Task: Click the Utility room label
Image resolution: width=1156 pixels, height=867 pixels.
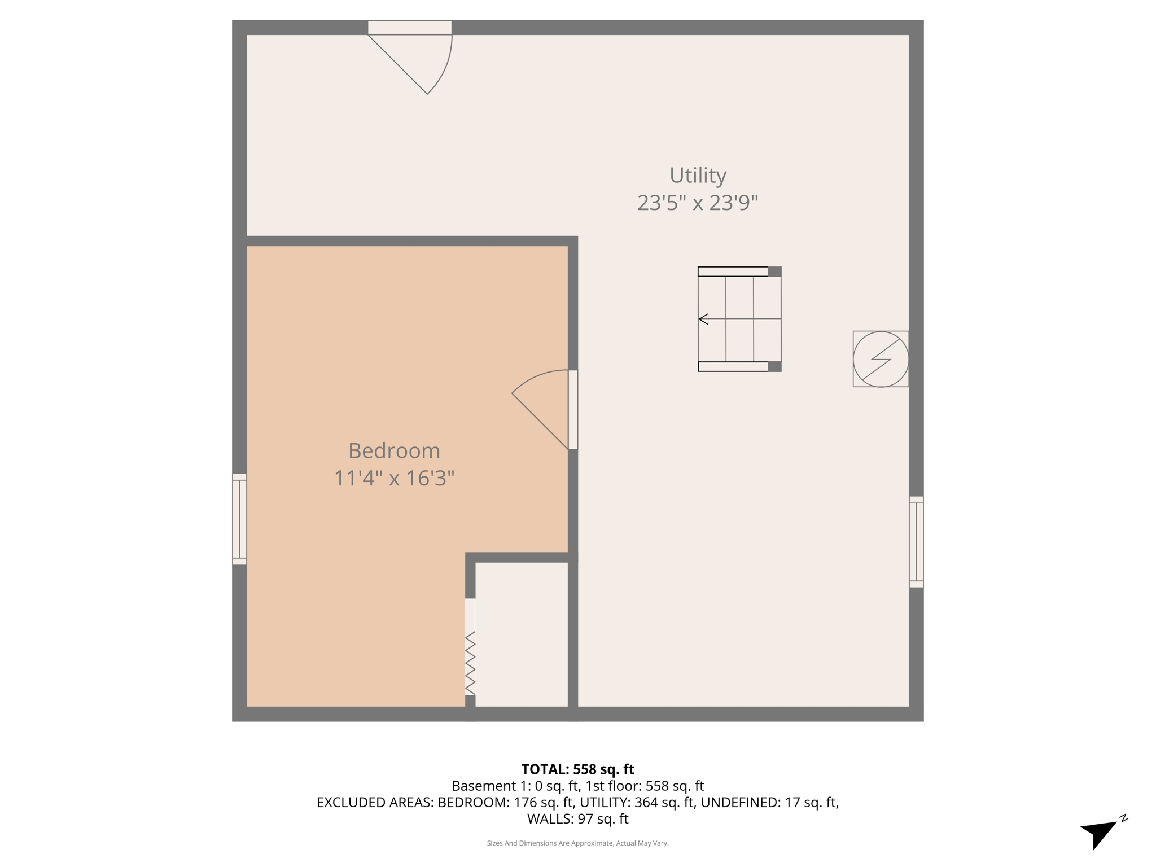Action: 698,176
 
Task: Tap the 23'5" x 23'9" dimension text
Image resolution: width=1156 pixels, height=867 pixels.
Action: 697,203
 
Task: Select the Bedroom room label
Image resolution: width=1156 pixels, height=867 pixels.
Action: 394,451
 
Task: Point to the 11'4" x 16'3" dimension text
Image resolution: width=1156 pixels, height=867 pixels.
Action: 394,479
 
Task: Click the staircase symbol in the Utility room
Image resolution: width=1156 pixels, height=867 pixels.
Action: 739,319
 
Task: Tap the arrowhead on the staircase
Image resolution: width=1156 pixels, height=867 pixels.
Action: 703,319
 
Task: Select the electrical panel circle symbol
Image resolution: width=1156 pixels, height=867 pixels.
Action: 881,359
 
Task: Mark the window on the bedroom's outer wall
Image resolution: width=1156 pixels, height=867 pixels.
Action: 239,519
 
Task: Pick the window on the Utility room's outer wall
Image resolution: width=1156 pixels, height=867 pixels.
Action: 916,542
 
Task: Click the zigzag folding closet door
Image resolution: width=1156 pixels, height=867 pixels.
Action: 470,663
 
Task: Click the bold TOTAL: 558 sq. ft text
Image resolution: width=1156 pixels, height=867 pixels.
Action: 577,769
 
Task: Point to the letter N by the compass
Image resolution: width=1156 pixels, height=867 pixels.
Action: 1123,818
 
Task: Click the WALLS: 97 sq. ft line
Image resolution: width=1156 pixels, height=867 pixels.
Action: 577,819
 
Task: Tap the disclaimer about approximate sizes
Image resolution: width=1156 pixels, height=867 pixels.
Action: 577,843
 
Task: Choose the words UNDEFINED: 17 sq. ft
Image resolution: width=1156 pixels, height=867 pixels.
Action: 769,803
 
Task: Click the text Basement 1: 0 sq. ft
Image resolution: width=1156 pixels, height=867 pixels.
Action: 516,786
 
